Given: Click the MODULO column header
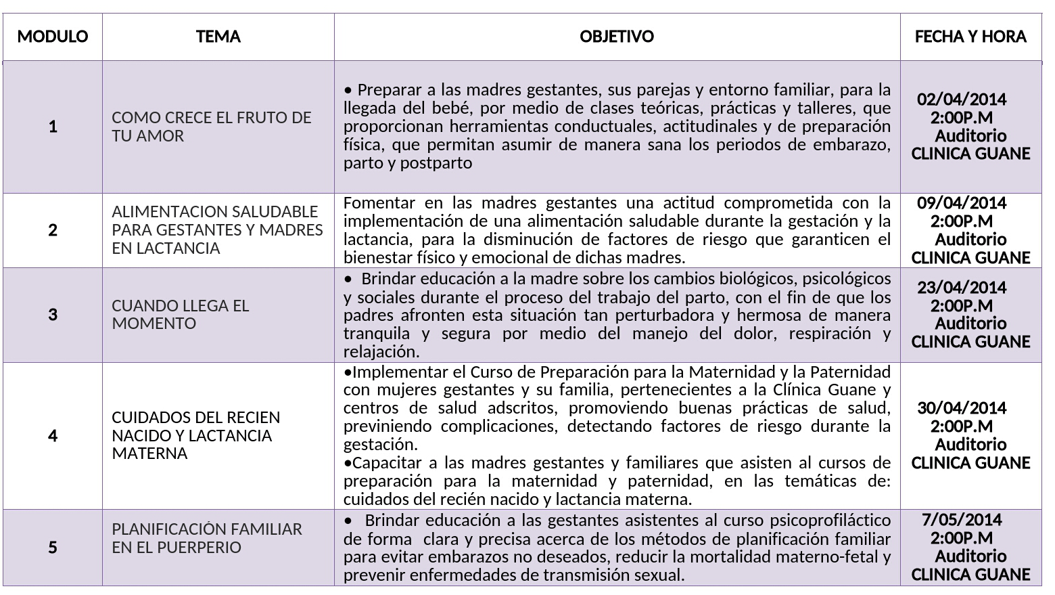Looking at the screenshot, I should coord(53,37).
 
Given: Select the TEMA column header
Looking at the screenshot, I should coord(218,37).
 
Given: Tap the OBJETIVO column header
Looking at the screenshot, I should coord(617,37).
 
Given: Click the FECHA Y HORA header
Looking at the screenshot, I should coord(970,37).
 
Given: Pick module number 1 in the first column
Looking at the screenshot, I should coord(53,127).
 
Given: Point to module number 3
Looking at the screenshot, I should coord(53,315).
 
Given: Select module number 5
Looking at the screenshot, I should coord(53,548).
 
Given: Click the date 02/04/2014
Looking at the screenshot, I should coord(962,100).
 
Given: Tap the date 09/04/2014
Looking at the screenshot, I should coord(962,203).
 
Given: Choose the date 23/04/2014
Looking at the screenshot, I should coord(962,288).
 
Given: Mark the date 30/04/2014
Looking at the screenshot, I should coord(962,408).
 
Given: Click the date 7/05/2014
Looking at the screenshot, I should coord(962,520).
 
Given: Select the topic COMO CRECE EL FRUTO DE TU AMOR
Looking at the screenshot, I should coord(212,127).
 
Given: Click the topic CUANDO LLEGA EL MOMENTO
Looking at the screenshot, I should coord(181,315).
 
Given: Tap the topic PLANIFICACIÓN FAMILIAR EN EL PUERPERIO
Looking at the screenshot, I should coord(207,538).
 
